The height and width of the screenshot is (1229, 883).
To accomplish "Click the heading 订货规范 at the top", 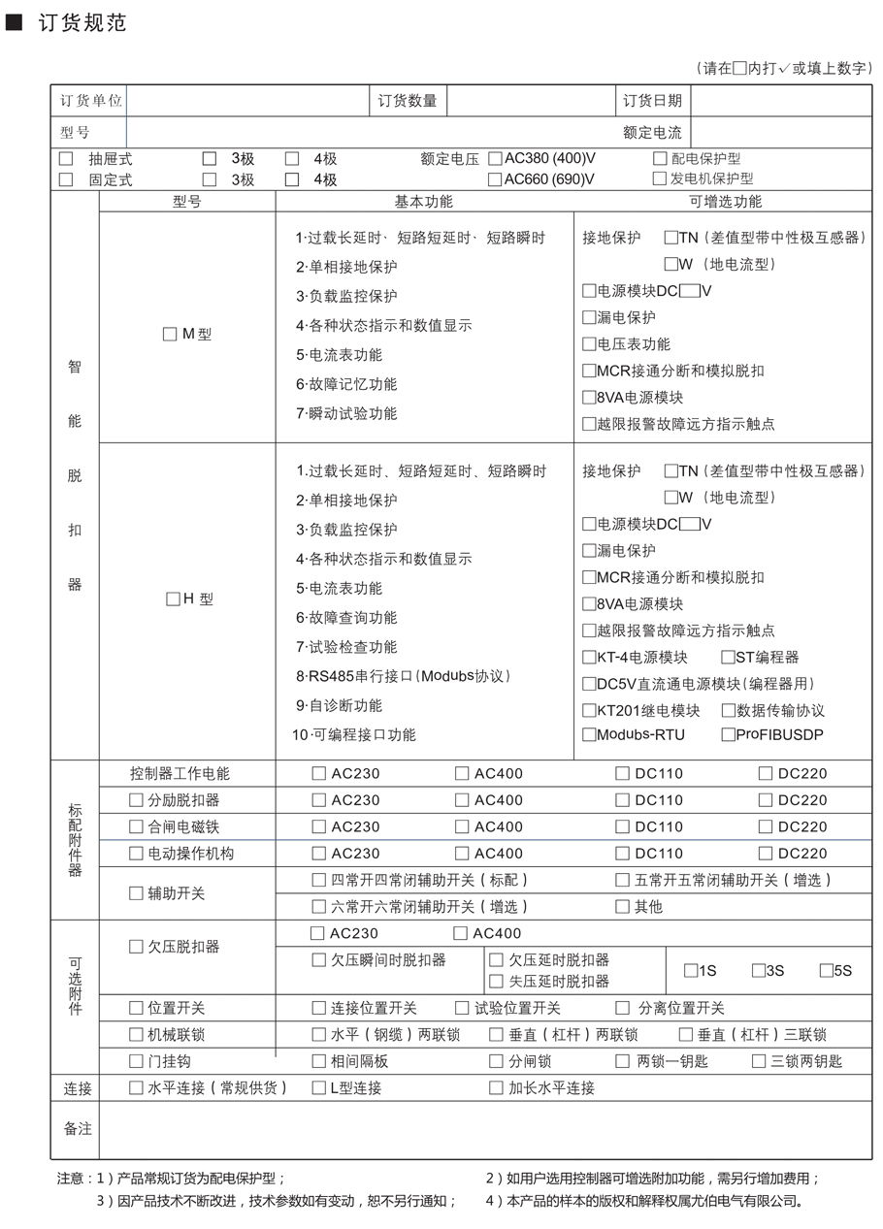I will [82, 23].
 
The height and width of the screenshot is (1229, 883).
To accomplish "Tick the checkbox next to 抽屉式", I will [66, 159].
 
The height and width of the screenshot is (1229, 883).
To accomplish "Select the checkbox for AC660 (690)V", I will [495, 179].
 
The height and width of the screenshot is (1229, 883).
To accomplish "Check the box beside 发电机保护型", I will [660, 178].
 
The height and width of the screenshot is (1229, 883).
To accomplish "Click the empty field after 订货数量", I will [529, 101].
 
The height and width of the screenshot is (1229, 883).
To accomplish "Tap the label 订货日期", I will [652, 101].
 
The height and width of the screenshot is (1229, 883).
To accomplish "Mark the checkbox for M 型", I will [171, 335].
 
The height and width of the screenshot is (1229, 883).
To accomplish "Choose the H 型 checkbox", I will [173, 599].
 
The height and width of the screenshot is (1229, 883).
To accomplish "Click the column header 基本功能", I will [423, 202].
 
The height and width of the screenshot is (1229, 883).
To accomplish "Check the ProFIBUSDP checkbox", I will [728, 735].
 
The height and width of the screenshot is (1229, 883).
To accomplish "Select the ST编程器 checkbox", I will [728, 658].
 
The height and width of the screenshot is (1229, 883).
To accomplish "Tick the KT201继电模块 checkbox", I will [589, 711].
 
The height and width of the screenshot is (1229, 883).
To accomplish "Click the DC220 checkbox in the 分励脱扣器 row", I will [766, 800].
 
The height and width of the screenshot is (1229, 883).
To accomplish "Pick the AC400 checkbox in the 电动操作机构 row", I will [462, 854].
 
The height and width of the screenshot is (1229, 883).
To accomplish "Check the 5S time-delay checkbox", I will [826, 970].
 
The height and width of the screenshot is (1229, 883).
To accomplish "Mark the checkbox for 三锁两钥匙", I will [759, 1061].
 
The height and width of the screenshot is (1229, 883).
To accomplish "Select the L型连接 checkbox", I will [318, 1088].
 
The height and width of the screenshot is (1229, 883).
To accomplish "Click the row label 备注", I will [78, 1129].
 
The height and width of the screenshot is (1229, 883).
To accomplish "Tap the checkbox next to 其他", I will [623, 907].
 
